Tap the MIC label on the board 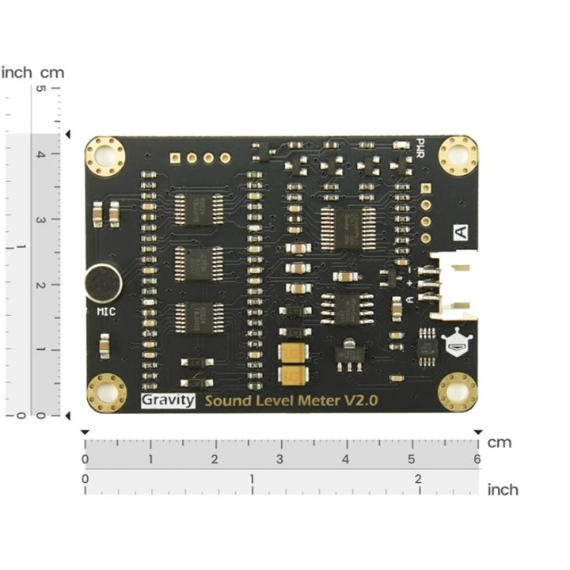105,311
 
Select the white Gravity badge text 168,400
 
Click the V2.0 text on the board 360,400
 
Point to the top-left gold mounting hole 106,155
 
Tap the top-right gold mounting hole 458,155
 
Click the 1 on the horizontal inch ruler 253,479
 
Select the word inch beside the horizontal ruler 503,489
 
